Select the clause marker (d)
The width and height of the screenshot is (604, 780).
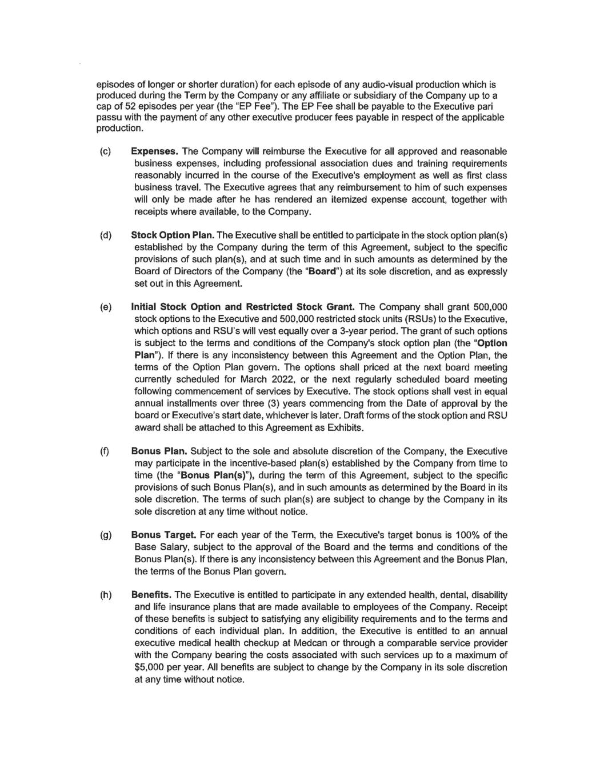tap(106, 235)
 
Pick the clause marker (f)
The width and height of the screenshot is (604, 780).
tap(105, 451)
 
